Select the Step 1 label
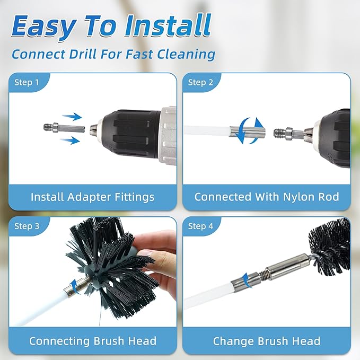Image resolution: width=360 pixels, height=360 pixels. pyautogui.click(x=27, y=82)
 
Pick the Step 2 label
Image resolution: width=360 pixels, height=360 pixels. pyautogui.click(x=201, y=82)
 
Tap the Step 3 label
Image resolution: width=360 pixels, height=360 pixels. pyautogui.click(x=27, y=226)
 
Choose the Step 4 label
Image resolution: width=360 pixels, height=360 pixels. pyautogui.click(x=201, y=226)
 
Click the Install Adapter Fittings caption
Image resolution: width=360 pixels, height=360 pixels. pyautogui.click(x=92, y=197)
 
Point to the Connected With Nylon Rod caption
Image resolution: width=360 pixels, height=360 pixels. pyautogui.click(x=267, y=197)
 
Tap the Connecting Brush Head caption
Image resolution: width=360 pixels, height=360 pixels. pyautogui.click(x=92, y=341)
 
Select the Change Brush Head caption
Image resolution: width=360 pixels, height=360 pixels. pyautogui.click(x=267, y=341)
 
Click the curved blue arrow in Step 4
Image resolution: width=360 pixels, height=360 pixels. pyautogui.click(x=244, y=278)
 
